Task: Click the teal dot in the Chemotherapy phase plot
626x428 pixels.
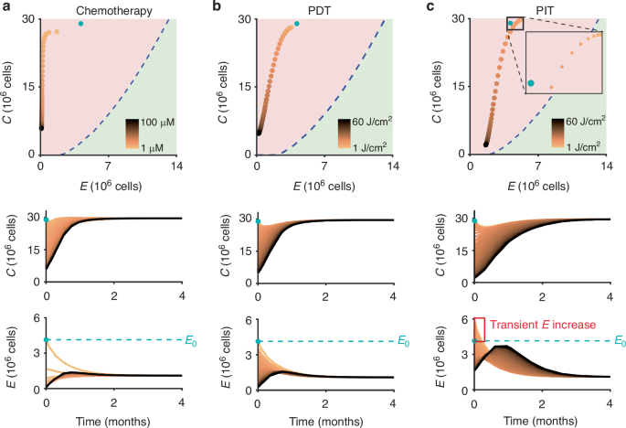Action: pyautogui.click(x=81, y=23)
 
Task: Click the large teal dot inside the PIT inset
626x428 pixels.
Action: pyautogui.click(x=531, y=83)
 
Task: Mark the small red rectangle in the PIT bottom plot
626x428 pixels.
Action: pyautogui.click(x=478, y=328)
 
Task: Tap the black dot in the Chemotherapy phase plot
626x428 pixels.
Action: pyautogui.click(x=41, y=127)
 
